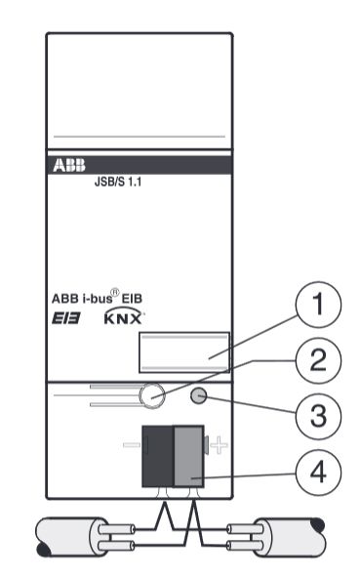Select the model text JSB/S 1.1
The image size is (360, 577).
105,181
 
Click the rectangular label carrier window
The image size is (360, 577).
183,351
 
